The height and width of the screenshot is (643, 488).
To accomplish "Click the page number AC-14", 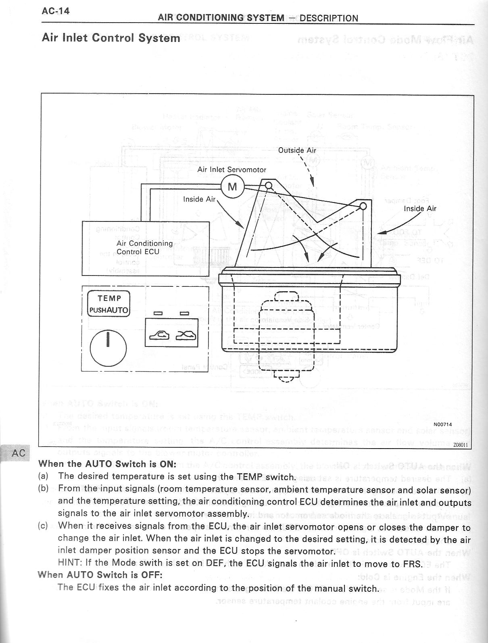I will pyautogui.click(x=56, y=11).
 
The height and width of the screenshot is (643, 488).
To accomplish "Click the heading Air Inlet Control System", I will pyautogui.click(x=111, y=38).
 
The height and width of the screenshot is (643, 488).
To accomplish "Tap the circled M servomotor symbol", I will pyautogui.click(x=233, y=187).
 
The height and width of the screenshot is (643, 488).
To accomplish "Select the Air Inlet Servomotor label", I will pyautogui.click(x=231, y=170).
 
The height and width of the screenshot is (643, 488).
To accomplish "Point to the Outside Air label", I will pyautogui.click(x=297, y=150).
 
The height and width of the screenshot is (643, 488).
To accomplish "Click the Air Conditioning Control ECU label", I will pyautogui.click(x=144, y=248).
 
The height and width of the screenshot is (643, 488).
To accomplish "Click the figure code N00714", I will pyautogui.click(x=442, y=424).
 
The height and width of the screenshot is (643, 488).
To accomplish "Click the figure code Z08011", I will pyautogui.click(x=460, y=445).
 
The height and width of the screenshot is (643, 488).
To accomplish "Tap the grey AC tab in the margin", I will pyautogui.click(x=18, y=453).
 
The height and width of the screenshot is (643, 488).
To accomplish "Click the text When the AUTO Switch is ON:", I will pyautogui.click(x=107, y=464).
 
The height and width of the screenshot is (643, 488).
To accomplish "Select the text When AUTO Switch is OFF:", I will pyautogui.click(x=100, y=574).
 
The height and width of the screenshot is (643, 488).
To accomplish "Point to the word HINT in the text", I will pyautogui.click(x=70, y=563).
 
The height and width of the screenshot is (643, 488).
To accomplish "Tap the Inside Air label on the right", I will pyautogui.click(x=420, y=209).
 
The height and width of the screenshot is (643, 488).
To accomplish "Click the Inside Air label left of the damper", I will pyautogui.click(x=199, y=199).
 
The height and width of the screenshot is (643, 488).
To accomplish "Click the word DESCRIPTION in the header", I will pyautogui.click(x=329, y=18).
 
